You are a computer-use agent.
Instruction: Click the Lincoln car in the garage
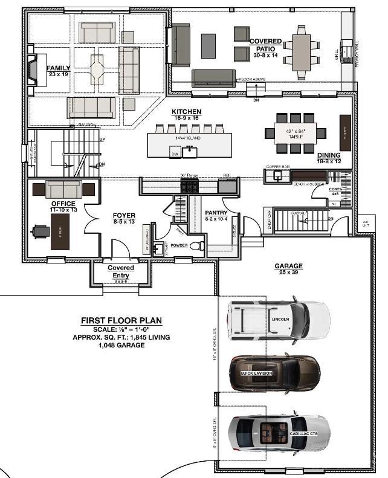279,318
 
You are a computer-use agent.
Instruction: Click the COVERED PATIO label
265,44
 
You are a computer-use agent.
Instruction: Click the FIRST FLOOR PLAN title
121,320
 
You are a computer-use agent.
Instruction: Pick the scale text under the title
121,329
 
